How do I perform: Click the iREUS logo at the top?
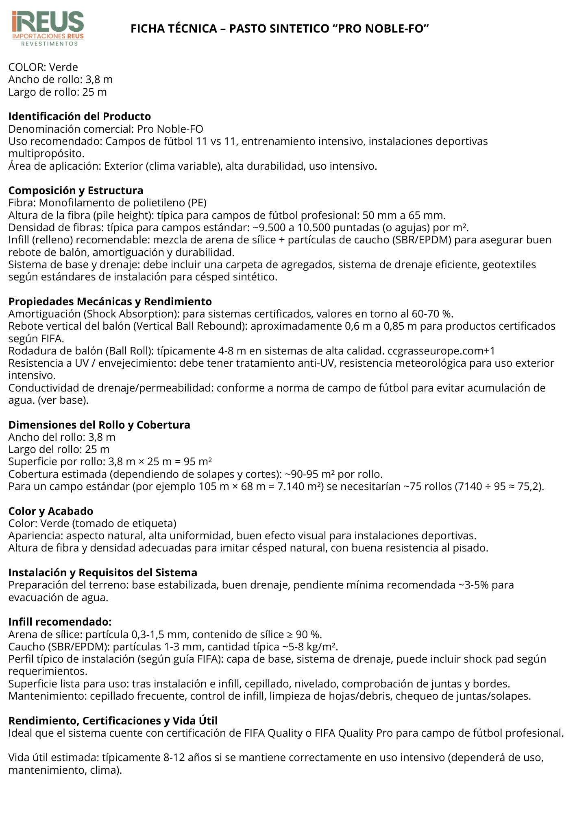click(48, 28)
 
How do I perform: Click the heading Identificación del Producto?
click(80, 116)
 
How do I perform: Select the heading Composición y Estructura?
click(76, 190)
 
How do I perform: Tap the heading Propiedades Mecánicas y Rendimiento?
click(110, 302)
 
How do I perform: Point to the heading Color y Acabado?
click(51, 511)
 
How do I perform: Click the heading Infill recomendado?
click(60, 622)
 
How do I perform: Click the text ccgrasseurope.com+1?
click(441, 351)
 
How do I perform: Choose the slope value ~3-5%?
click(473, 585)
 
